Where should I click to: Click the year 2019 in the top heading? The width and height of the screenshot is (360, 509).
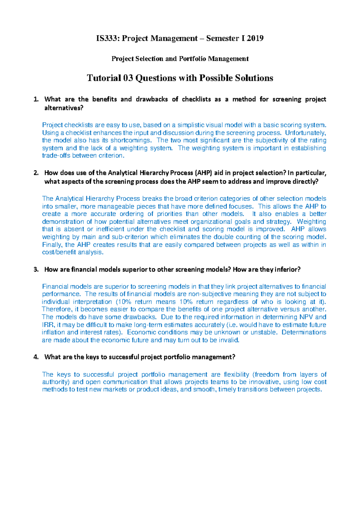click(255, 38)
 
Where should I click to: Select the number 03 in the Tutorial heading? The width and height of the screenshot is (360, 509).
click(128, 78)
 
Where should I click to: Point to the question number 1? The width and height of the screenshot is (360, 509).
click(36, 99)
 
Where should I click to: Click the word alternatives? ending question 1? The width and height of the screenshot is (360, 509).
click(64, 108)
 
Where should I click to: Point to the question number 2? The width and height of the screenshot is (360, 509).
click(36, 173)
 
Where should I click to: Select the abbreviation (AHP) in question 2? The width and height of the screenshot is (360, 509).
click(204, 173)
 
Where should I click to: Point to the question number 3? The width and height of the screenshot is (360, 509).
click(36, 270)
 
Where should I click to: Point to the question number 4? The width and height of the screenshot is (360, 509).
click(36, 357)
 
